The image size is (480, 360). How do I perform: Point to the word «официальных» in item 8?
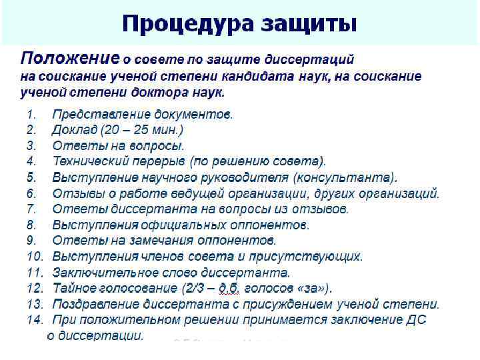[x=183, y=225]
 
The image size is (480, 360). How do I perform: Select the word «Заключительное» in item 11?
[x=106, y=272]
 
